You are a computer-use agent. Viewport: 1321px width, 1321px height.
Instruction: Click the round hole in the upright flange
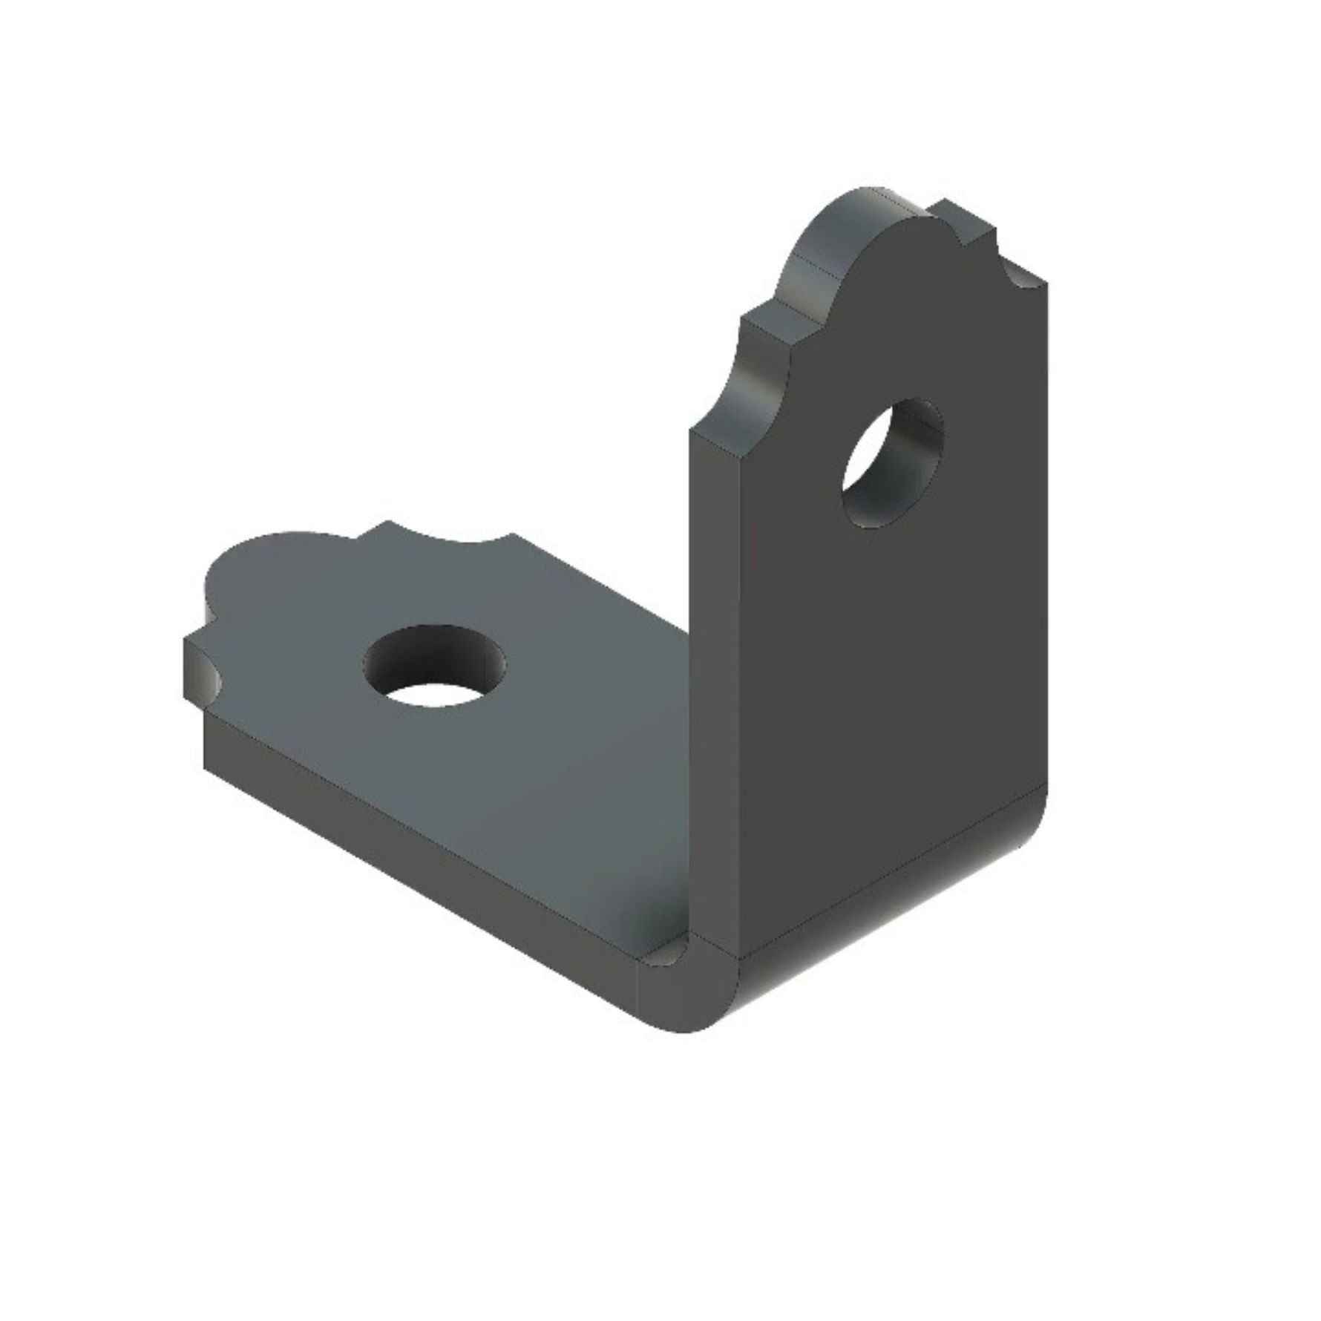pyautogui.click(x=893, y=463)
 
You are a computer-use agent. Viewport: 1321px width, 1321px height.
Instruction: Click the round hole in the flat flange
pyautogui.click(x=435, y=664)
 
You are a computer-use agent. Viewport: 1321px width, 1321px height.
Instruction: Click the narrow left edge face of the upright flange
pyautogui.click(x=712, y=668)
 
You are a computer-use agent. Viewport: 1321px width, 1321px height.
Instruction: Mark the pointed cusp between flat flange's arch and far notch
pyautogui.click(x=386, y=524)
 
